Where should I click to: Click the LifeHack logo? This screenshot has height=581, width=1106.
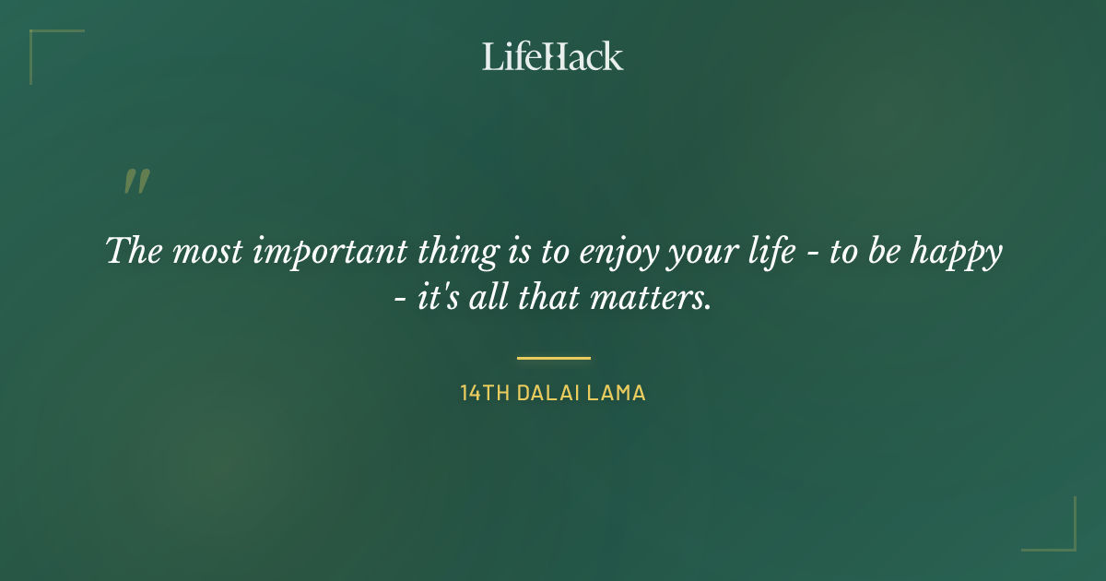[x=553, y=56]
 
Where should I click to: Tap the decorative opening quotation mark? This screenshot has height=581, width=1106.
[x=136, y=182]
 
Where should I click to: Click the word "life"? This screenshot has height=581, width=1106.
[x=767, y=252]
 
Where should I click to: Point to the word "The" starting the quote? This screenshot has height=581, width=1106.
[x=134, y=251]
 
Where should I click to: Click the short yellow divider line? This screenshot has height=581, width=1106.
[x=553, y=358]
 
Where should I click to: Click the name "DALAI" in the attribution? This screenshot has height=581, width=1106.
[x=547, y=393]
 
